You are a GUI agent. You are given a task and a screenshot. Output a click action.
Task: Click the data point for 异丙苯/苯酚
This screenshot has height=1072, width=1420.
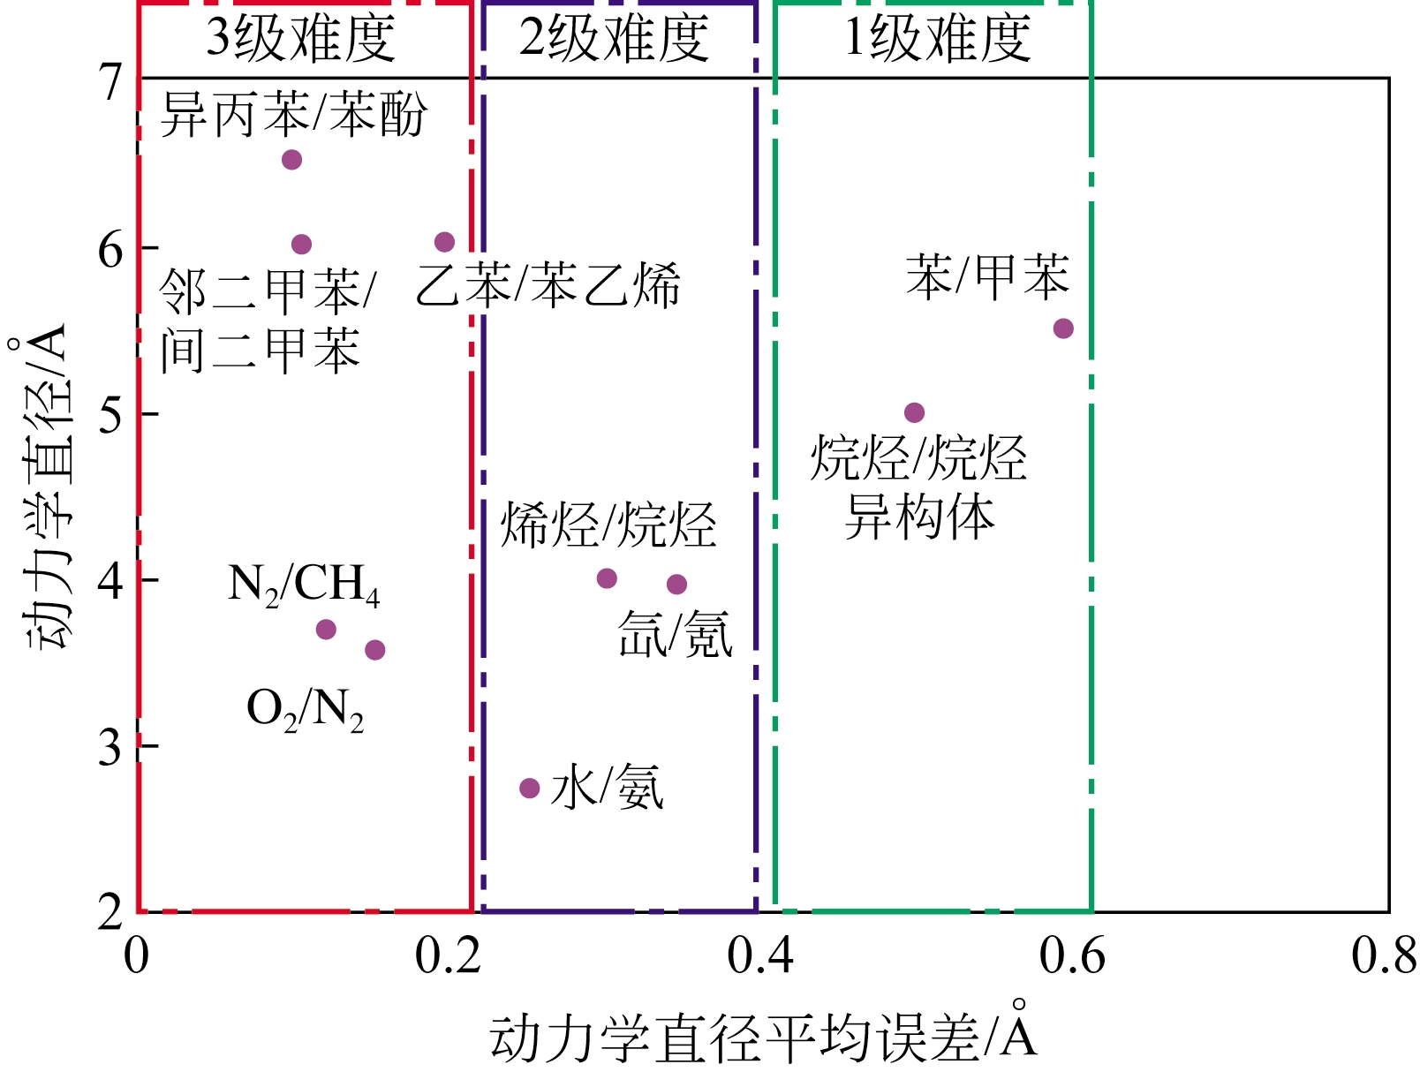291,160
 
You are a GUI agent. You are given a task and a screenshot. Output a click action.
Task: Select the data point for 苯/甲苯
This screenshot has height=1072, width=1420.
1063,328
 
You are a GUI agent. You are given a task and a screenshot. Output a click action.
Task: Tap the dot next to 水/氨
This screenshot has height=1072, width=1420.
530,788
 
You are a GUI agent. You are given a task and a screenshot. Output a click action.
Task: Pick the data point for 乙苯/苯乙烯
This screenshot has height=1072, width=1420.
445,242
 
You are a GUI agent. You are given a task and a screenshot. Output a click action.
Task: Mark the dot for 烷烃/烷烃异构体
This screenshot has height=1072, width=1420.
915,412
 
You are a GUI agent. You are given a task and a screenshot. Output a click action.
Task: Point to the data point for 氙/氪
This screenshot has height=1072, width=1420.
677,584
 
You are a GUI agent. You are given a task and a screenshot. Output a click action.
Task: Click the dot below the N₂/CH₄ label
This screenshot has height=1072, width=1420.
326,630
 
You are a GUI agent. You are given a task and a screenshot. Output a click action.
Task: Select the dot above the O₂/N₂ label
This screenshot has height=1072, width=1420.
375,650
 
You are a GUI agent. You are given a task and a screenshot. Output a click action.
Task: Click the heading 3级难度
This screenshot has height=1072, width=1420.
300,39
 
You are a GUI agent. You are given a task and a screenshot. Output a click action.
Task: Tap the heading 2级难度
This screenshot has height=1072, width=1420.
614,39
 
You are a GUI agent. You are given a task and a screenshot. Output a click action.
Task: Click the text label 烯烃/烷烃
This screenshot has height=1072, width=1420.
608,526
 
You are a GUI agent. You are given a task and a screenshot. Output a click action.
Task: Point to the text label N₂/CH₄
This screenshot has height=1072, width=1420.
304,585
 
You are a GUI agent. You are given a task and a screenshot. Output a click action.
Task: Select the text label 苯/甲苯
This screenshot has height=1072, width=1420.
987,276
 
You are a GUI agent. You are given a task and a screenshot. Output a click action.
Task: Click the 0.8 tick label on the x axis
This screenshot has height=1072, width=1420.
1384,957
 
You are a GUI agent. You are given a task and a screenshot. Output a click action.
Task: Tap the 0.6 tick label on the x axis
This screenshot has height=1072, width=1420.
1071,957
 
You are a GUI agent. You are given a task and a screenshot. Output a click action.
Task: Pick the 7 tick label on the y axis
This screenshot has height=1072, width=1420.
111,82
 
